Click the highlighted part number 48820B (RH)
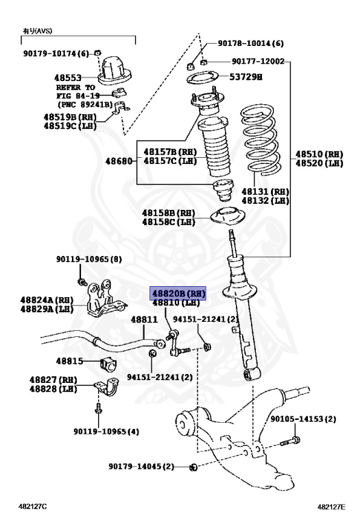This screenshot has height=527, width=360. tap(178, 294)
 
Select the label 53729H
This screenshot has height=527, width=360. tap(245, 77)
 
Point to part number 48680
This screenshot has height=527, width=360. tap(119, 161)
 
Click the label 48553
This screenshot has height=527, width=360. tap(68, 78)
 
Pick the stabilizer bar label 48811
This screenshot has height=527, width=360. tap(144, 319)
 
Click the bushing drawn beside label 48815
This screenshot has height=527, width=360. tap(108, 364)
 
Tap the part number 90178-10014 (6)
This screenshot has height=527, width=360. tap(250, 43)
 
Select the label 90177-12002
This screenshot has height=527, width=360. tap(258, 61)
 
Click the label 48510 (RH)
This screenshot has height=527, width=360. tap(320, 154)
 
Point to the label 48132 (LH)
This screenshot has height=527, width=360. tap(265, 200)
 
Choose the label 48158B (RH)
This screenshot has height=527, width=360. tap(168, 213)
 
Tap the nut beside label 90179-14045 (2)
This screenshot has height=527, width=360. tap(193, 467)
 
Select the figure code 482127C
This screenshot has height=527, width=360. tap(33, 506)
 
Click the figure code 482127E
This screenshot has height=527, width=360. tap(331, 507)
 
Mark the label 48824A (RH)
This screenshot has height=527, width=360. tap(47, 300)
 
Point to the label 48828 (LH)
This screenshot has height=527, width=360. tap(53, 389)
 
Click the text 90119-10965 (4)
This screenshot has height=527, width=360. tap(106, 431)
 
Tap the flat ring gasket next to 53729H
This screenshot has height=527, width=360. tap(202, 79)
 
